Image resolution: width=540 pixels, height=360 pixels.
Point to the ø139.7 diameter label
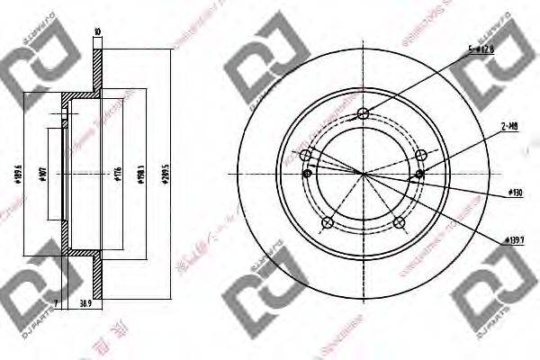tap(513, 238)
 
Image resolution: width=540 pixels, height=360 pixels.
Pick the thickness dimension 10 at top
tap(97, 35)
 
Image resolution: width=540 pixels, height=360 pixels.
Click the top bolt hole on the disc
tap(363, 113)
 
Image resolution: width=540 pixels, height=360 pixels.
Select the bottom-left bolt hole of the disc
tap(328, 221)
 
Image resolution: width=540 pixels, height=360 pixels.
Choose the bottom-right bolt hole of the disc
tap(398, 221)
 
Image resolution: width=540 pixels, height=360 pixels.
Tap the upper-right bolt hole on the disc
tap(419, 155)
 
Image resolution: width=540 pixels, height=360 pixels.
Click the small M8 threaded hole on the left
tap(308, 173)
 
